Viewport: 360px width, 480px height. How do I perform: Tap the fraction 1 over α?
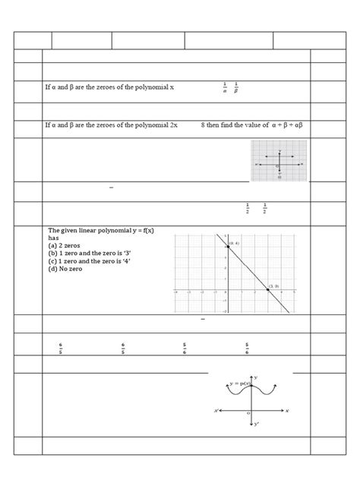[225, 88]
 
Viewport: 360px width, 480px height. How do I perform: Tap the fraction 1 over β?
[236, 88]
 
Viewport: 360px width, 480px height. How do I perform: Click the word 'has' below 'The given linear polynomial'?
[54, 237]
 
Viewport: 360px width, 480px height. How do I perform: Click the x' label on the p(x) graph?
[216, 411]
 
